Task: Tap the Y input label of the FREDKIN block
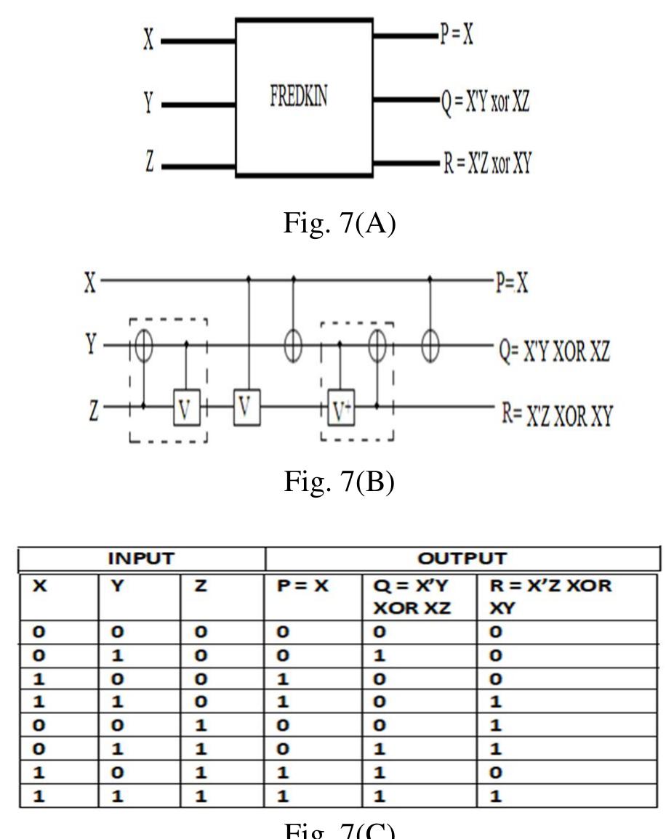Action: [148, 103]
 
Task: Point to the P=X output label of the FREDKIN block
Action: [457, 36]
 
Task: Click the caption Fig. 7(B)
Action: [339, 481]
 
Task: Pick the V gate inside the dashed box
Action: [186, 410]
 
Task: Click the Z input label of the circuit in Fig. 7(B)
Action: [89, 408]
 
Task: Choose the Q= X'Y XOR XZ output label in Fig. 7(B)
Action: [553, 352]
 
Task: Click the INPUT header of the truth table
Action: [142, 559]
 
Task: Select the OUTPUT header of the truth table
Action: [462, 559]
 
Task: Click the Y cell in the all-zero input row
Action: [116, 632]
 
